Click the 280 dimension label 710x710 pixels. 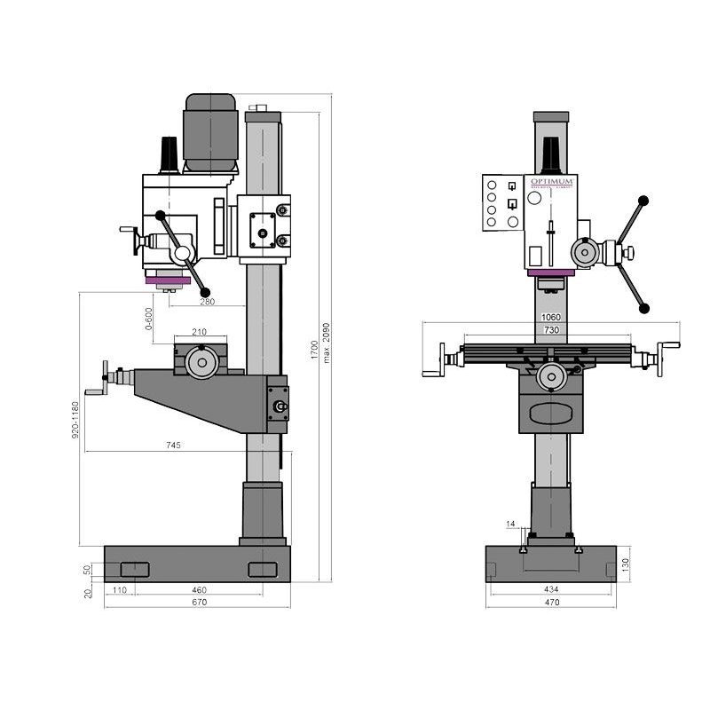207,302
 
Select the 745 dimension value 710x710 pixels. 173,446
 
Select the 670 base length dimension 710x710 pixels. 199,603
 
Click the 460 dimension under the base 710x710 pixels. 199,589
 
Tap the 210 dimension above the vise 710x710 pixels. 199,332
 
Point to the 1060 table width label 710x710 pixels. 550,317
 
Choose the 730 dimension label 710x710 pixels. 550,330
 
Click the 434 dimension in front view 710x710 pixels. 551,589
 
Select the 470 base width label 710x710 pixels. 551,603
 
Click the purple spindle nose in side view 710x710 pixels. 168,281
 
